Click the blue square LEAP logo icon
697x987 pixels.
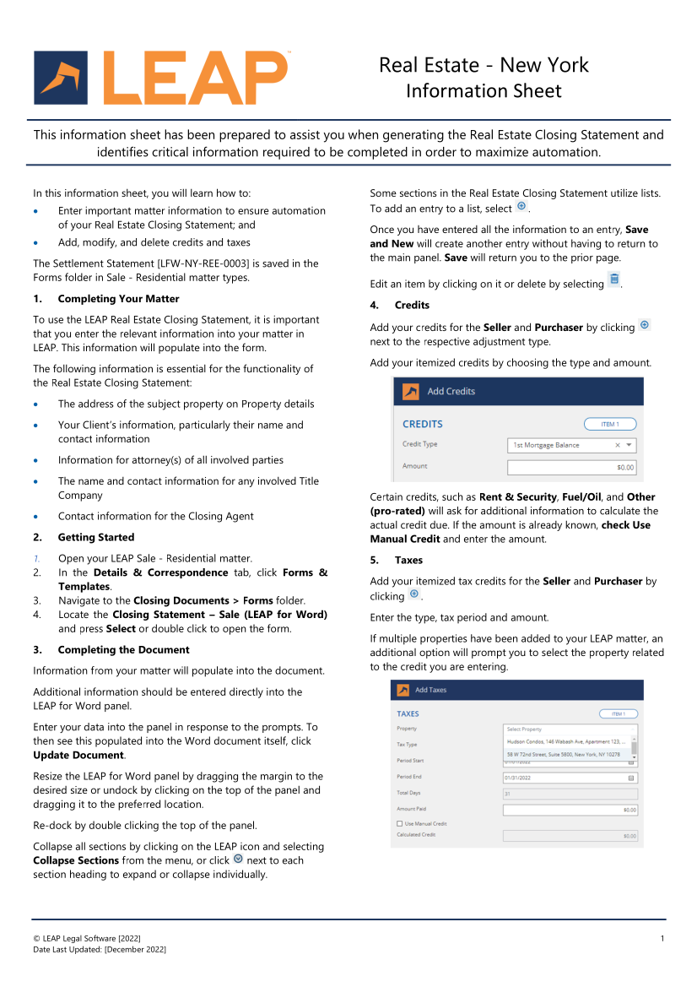pyautogui.click(x=61, y=77)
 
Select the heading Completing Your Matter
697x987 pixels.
pyautogui.click(x=118, y=299)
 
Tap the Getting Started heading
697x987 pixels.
pyautogui.click(x=96, y=537)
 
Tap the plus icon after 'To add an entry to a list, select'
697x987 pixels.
pyautogui.click(x=521, y=207)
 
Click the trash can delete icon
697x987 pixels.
pyautogui.click(x=614, y=279)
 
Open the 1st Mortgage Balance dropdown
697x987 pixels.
pyautogui.click(x=572, y=445)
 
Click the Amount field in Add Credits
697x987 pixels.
pyautogui.click(x=572, y=467)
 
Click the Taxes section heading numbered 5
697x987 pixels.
pyautogui.click(x=408, y=560)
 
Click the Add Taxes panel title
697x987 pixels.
pyautogui.click(x=431, y=690)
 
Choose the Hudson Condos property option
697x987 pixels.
pyautogui.click(x=566, y=741)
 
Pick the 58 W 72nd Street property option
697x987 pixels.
pyautogui.click(x=564, y=754)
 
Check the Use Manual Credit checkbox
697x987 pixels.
pyautogui.click(x=399, y=823)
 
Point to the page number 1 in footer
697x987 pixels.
pyautogui.click(x=662, y=938)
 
